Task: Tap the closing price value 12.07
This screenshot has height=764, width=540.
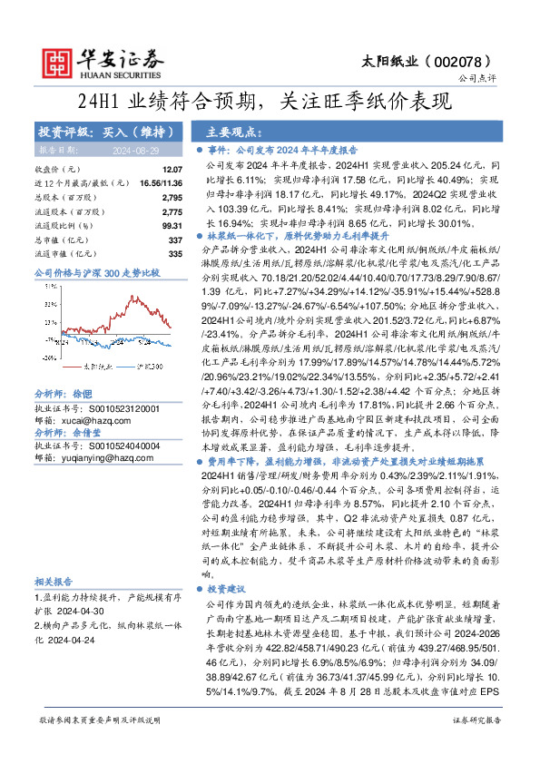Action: click(x=172, y=170)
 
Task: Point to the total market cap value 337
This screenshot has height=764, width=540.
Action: click(x=175, y=239)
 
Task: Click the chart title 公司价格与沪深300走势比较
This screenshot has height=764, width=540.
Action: click(x=96, y=272)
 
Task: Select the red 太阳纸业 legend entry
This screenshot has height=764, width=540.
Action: click(x=86, y=367)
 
